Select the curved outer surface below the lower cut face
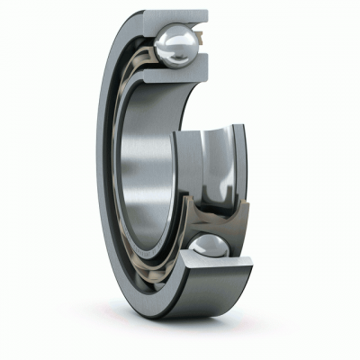(x=216, y=301)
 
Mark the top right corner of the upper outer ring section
(x=207, y=12)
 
